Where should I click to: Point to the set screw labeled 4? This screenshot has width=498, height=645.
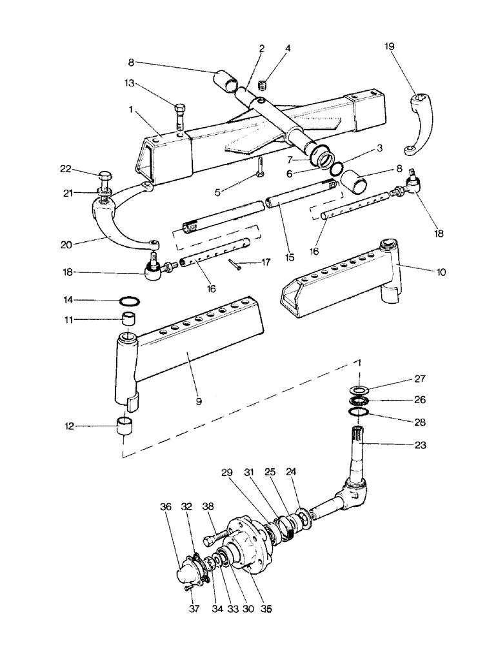263,84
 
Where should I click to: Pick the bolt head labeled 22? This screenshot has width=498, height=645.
103,178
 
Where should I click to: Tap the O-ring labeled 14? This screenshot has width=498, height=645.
129,300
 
